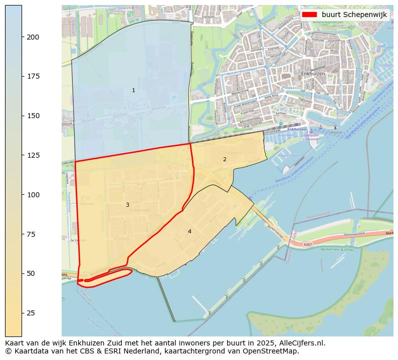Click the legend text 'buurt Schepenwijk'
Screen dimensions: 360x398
354,15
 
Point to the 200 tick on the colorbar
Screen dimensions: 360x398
33,37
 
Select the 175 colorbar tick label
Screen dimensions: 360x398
33,76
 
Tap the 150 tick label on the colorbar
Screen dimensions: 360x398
33,116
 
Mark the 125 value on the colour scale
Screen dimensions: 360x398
33,155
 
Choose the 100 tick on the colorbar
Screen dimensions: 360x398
33,195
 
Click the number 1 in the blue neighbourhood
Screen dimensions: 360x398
133,91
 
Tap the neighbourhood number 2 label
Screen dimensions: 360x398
225,159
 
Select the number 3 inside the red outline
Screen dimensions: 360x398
127,205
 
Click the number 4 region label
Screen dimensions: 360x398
189,231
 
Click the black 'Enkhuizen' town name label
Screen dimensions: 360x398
313,74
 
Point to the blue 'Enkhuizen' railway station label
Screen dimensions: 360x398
297,129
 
